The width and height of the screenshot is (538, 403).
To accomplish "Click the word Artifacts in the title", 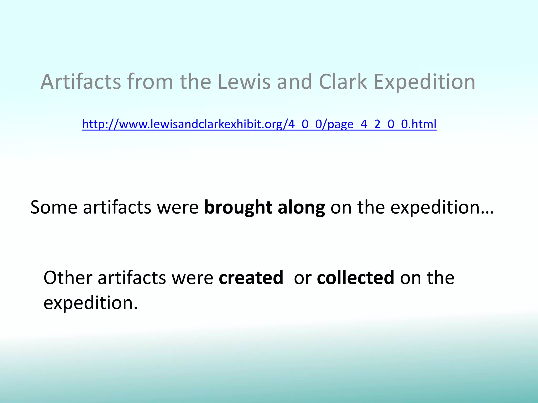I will (81, 82).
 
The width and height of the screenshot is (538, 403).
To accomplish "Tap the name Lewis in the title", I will (244, 82).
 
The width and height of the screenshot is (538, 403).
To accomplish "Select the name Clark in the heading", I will (343, 82).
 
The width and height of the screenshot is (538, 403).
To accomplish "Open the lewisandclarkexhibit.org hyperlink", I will (259, 124).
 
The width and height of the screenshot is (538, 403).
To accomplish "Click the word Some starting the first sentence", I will (54, 207).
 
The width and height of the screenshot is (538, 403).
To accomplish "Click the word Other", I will (68, 278).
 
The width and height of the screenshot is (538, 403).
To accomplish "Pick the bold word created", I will (251, 278).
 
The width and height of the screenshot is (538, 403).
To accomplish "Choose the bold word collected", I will (355, 278).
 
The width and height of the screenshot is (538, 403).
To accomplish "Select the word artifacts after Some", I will (117, 207).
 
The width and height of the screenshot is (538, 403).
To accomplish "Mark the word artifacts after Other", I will (132, 278).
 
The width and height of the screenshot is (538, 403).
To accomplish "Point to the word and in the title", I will (294, 82).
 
